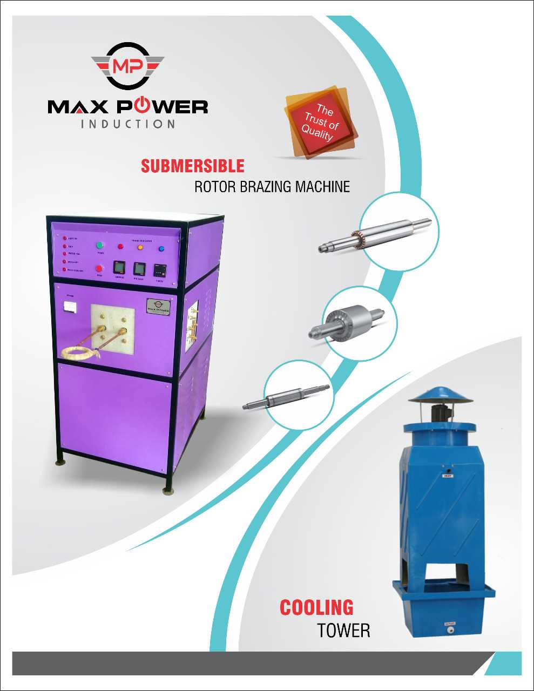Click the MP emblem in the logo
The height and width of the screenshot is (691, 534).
point(127,66)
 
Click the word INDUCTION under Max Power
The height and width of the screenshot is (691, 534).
point(128,124)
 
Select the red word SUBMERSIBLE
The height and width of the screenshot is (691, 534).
point(192,166)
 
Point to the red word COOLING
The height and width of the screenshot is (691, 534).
point(316,608)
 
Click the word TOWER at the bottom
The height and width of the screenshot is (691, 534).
point(343,630)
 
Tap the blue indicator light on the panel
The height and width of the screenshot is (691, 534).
point(161,249)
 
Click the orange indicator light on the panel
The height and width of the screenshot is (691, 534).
point(140,248)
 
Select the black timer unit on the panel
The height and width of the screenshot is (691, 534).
point(160,269)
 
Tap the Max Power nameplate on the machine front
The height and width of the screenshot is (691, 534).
point(158,306)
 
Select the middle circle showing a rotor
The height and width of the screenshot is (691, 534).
point(360,323)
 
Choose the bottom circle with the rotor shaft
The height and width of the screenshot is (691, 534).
point(299,395)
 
